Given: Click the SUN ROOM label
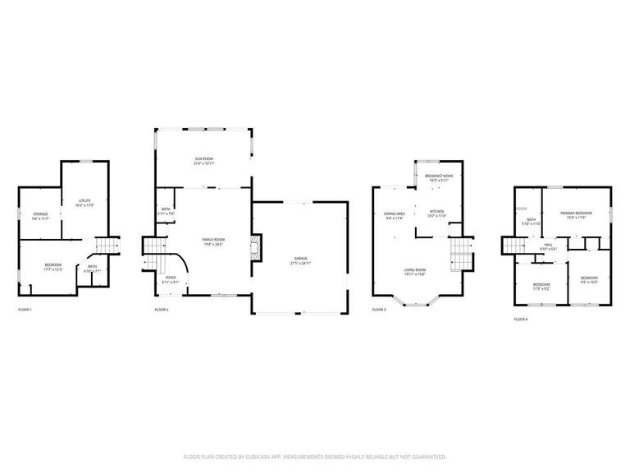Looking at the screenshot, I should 204,158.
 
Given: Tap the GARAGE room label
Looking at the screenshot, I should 301,259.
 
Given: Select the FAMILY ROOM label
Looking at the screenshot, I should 213,240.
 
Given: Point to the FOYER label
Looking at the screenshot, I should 171,278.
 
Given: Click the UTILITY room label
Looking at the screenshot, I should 84,200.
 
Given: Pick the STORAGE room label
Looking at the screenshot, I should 40,214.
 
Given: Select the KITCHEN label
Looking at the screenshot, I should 436,212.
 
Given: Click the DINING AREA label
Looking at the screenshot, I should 395,214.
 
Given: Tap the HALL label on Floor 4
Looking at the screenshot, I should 547,245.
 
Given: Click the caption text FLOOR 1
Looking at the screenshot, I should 25,310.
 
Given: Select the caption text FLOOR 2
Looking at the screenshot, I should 162,310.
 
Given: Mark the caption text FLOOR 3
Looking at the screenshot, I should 379,310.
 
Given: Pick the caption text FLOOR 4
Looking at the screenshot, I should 521,319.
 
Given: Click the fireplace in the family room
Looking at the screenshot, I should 256,247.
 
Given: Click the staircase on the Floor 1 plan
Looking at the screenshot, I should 107,245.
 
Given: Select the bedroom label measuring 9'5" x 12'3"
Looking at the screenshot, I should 589,278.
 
